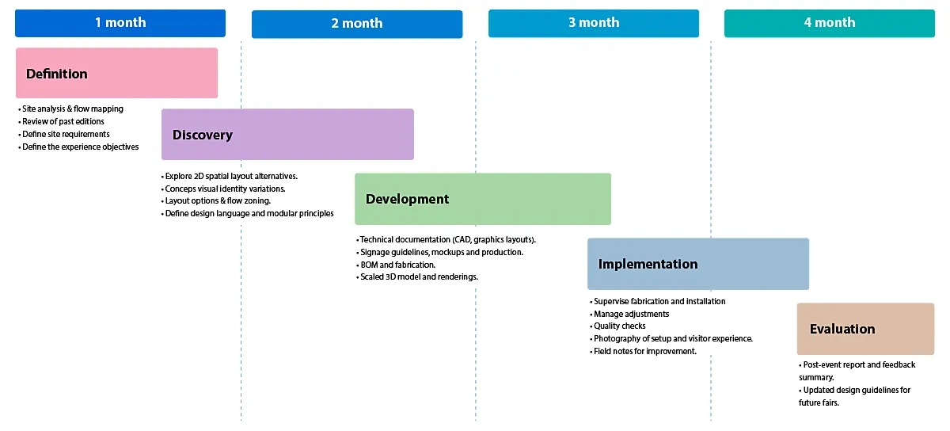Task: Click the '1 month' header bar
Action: pyautogui.click(x=120, y=23)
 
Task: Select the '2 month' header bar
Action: pyautogui.click(x=356, y=24)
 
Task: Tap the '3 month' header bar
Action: pyautogui.click(x=593, y=23)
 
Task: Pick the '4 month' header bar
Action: pyautogui.click(x=829, y=23)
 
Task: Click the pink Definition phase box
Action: pyautogui.click(x=116, y=74)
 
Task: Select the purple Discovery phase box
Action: pyautogui.click(x=287, y=135)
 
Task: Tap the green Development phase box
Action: pyautogui.click(x=482, y=199)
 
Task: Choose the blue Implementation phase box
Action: pyautogui.click(x=697, y=264)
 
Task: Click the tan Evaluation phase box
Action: pyautogui.click(x=865, y=329)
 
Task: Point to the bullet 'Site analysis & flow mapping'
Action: pyautogui.click(x=73, y=109)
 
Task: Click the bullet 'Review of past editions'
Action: pyautogui.click(x=63, y=122)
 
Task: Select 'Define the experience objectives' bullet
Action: pyautogui.click(x=80, y=147)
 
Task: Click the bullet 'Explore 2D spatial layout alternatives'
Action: pyautogui.click(x=231, y=176)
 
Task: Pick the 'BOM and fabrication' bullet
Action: pyautogui.click(x=397, y=265)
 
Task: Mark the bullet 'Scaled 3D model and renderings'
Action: pyautogui.click(x=419, y=277)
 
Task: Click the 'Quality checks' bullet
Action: pyautogui.click(x=620, y=326)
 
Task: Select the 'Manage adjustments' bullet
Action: pyautogui.click(x=631, y=314)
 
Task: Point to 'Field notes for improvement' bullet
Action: pyautogui.click(x=645, y=351)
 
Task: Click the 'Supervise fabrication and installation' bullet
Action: pyautogui.click(x=659, y=302)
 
